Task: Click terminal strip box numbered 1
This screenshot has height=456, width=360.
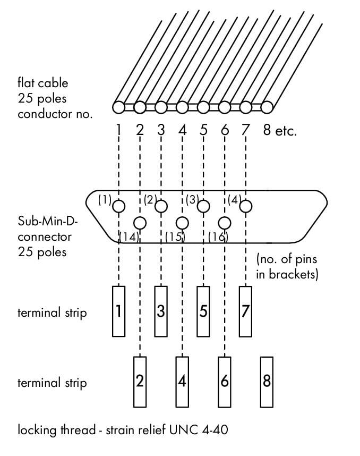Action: (119, 311)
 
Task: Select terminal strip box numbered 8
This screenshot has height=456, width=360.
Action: (267, 381)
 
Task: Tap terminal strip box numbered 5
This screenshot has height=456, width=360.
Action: (203, 311)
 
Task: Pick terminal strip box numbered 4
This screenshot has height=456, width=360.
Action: (182, 381)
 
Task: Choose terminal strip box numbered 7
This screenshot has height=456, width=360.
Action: (245, 311)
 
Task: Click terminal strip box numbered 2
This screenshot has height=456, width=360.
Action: (140, 381)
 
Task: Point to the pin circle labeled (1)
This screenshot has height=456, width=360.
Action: (119, 206)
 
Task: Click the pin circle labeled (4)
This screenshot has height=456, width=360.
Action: (246, 206)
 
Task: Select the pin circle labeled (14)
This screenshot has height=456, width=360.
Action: (140, 222)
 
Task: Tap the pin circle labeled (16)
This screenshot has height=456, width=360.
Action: (225, 222)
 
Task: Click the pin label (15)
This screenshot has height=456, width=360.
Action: (174, 237)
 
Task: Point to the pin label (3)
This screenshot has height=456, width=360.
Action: (192, 200)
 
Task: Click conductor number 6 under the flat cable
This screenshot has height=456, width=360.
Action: (225, 129)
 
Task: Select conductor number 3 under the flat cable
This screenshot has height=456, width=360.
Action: (161, 129)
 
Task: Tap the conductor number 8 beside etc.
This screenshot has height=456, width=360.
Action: (267, 129)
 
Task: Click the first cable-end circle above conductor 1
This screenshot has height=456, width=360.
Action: (119, 107)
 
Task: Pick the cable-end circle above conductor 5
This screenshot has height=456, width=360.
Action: (203, 107)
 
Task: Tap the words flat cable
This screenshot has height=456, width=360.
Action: (42, 83)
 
